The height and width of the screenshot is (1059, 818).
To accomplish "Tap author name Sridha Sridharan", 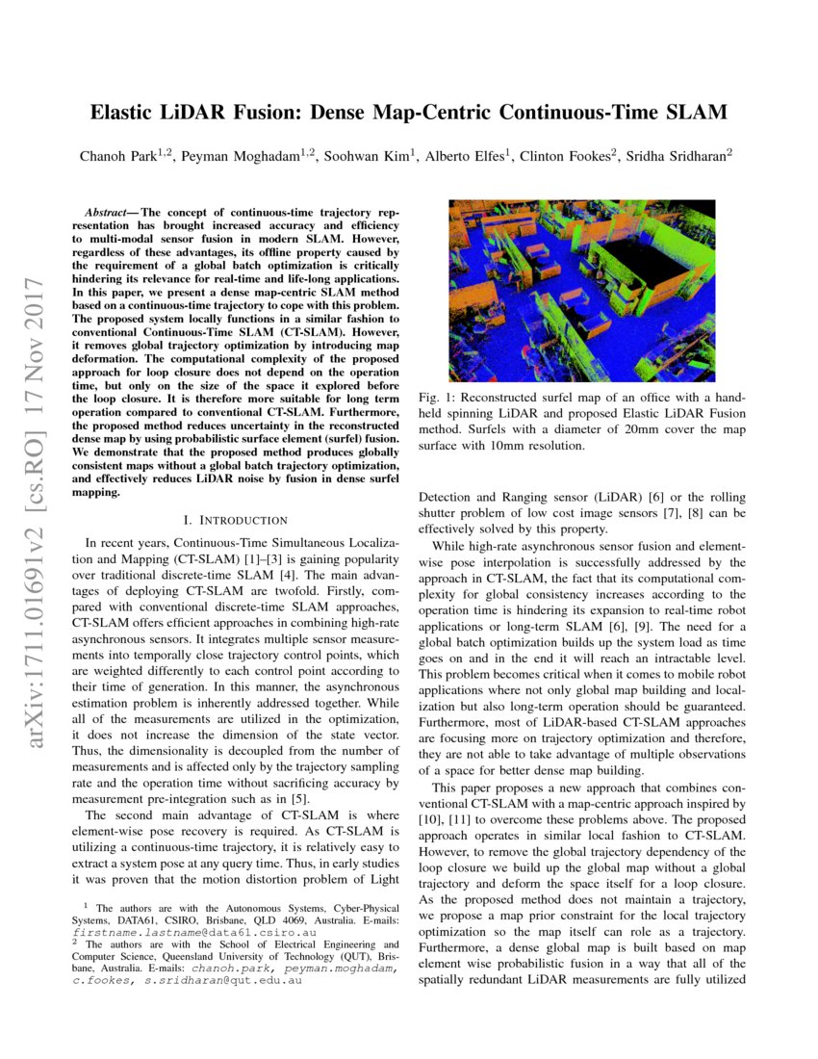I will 677,156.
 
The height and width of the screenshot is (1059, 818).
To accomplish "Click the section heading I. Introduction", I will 228,520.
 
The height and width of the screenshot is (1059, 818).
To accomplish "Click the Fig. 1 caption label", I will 436,398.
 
